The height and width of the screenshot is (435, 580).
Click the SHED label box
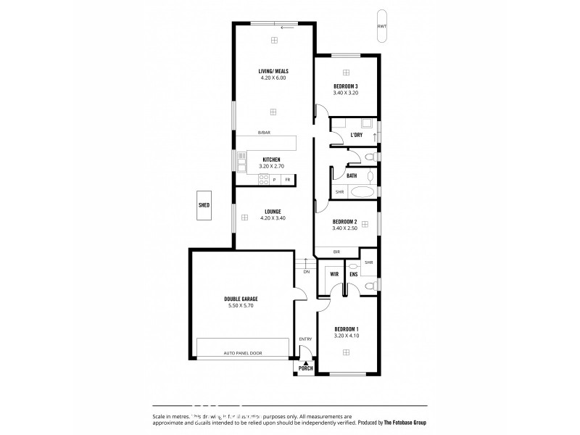pos(204,205)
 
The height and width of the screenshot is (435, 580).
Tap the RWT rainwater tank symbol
pos(381,26)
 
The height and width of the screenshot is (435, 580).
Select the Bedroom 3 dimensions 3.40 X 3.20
pos(346,93)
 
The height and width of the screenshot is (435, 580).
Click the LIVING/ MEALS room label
pos(273,71)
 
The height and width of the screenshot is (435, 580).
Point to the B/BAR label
pos(264,133)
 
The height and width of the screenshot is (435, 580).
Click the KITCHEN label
pos(272,159)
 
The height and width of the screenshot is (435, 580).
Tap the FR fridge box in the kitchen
pos(288,179)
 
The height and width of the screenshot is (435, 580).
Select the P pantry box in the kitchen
pos(274,179)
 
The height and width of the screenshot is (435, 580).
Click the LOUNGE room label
pos(273,212)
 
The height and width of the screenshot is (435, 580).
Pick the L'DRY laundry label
pos(356,136)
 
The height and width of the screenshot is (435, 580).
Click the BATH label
pos(352,175)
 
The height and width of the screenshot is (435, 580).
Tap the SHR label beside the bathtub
pos(339,192)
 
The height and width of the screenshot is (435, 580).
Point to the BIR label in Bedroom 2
pos(336,252)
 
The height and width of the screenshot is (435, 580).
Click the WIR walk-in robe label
pos(335,275)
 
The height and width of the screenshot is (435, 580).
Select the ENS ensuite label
pos(353,275)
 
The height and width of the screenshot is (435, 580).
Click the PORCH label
pos(305,368)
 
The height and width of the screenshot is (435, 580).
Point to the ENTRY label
pos(305,339)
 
